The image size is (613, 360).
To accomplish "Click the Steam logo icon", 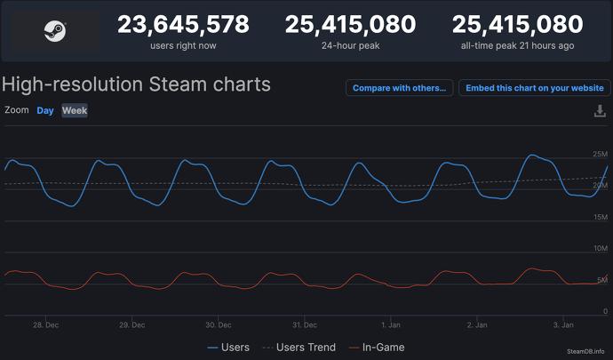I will pos(54,30).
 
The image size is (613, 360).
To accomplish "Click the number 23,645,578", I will pos(184,24).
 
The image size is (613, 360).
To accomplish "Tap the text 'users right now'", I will pos(184,45).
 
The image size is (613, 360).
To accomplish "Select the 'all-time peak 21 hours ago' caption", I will pos(517,45).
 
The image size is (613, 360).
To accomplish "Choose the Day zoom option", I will pos(45,110).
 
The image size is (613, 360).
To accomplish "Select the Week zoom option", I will pos(75,110).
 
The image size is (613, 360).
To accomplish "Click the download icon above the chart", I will pos(599,111).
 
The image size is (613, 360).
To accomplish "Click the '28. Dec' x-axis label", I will pos(45,325).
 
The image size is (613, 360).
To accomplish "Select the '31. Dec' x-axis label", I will pos(304,325).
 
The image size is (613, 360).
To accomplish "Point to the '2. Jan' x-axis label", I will pos(477,325).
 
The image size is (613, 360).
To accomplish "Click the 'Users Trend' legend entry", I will pos(298,348).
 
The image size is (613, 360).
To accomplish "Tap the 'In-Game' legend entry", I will pos(377,348).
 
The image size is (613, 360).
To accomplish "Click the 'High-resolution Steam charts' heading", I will pos(136,85).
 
